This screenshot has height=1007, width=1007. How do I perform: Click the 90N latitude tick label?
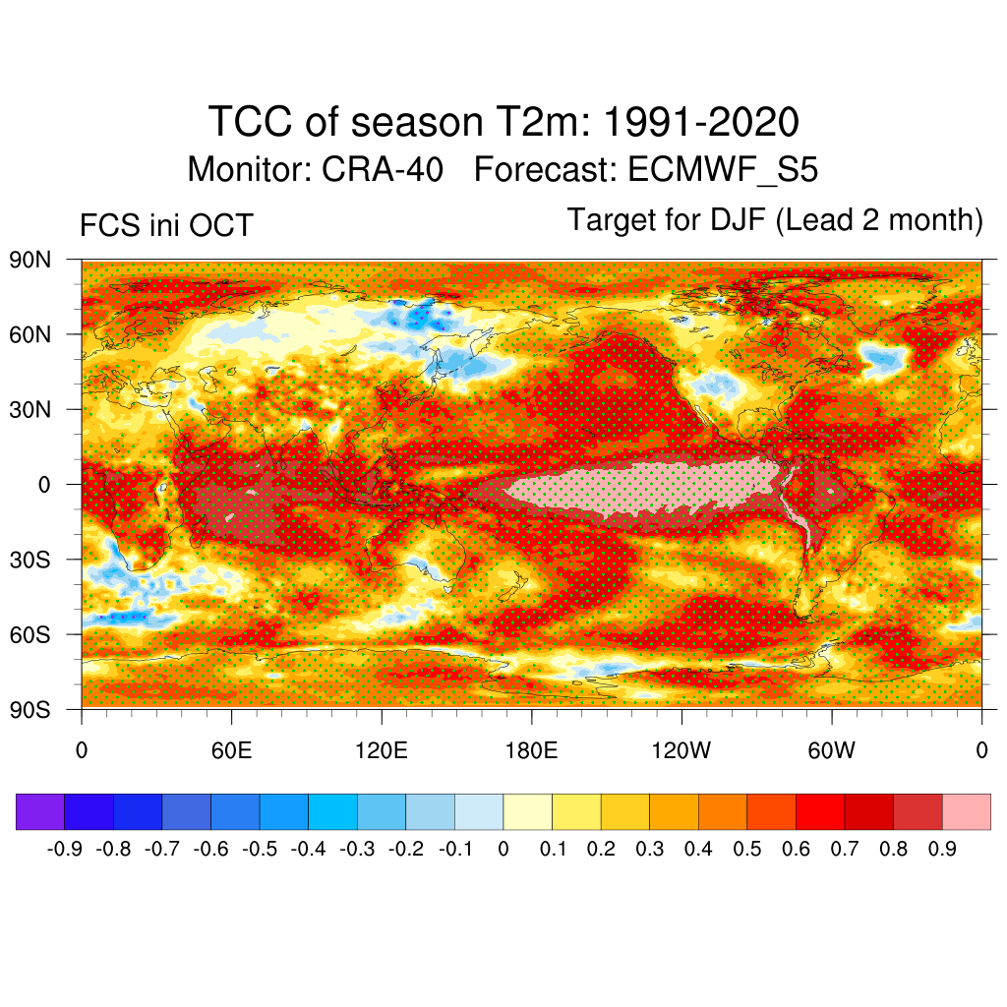(30, 261)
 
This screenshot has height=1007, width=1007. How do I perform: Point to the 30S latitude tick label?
(30, 560)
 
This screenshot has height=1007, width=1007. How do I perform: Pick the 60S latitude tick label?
(30, 634)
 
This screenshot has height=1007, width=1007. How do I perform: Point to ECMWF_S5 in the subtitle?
(721, 170)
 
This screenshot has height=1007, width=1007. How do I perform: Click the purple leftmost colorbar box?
(40, 811)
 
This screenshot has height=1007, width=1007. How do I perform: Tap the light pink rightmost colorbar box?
(966, 811)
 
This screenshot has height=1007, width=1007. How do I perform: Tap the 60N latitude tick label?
(30, 335)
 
